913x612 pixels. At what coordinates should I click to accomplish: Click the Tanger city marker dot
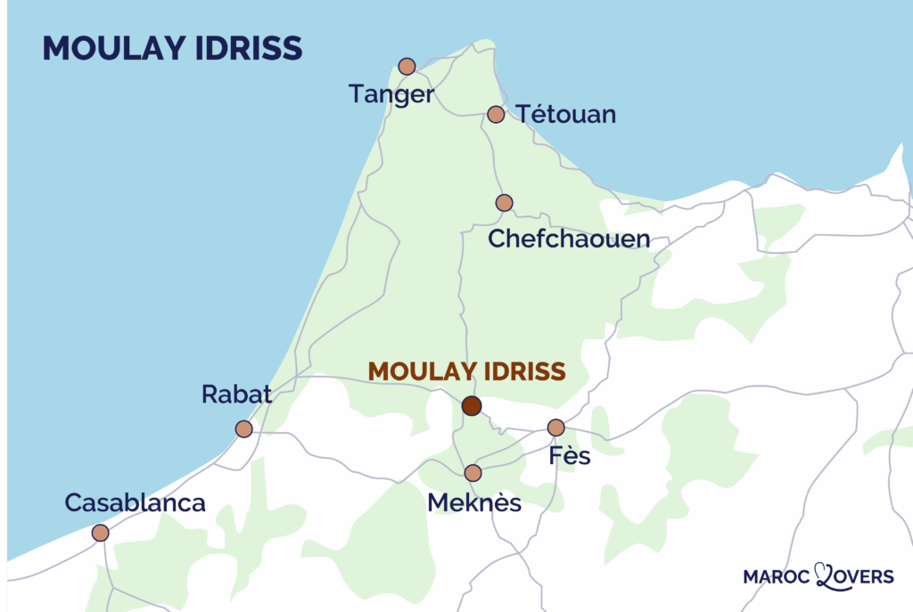(x=407, y=66)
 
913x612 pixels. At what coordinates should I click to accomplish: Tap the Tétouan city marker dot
(x=497, y=114)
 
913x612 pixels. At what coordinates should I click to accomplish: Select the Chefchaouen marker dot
(x=504, y=203)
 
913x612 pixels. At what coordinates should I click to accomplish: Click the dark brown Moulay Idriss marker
(x=472, y=406)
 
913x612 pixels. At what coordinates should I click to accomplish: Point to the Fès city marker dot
(x=556, y=428)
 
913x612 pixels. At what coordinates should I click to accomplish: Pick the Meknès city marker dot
(x=473, y=473)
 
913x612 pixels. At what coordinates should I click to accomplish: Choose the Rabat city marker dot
(x=243, y=429)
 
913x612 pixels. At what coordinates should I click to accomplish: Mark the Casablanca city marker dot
(x=100, y=533)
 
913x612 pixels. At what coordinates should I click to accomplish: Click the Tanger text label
(x=391, y=94)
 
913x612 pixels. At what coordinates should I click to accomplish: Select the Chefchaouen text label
(x=569, y=240)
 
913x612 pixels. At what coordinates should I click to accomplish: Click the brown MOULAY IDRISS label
(x=466, y=371)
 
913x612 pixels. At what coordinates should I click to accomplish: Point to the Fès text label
(x=570, y=458)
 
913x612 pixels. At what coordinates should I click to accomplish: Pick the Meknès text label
(x=474, y=503)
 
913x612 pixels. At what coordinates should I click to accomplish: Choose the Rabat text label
(x=236, y=395)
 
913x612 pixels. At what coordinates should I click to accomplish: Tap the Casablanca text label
(x=136, y=502)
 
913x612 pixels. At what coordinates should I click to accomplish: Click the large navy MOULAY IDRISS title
(x=172, y=48)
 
